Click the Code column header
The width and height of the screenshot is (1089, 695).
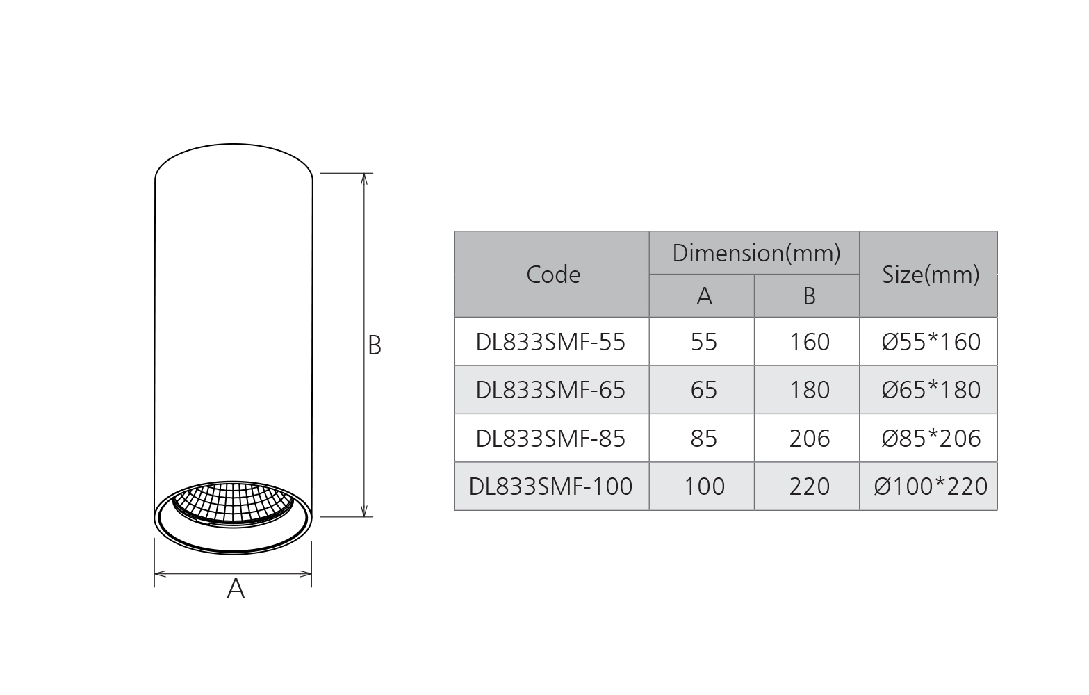point(552,275)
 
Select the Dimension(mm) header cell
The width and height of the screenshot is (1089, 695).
point(755,253)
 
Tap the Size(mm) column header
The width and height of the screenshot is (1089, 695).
point(930,275)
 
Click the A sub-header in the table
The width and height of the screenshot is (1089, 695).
point(703,297)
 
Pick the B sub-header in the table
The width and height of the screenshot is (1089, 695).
point(808,297)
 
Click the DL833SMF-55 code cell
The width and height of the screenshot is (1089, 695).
point(550,342)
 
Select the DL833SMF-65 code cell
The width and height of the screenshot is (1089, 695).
point(550,390)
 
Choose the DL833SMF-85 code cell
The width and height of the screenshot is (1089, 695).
point(550,439)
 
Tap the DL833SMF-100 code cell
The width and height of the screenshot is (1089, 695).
point(550,486)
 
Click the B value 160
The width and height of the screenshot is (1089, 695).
point(809,342)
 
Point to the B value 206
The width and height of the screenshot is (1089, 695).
point(809,439)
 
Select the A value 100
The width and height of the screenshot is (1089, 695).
point(703,486)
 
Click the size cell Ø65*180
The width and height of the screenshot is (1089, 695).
point(930,390)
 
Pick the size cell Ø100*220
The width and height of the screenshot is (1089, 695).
point(930,486)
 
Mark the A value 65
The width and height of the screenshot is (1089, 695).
point(703,390)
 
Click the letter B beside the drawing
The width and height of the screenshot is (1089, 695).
point(375,345)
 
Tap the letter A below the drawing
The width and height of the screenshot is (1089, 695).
point(236,589)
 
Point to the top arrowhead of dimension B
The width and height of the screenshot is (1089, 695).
point(364,178)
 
